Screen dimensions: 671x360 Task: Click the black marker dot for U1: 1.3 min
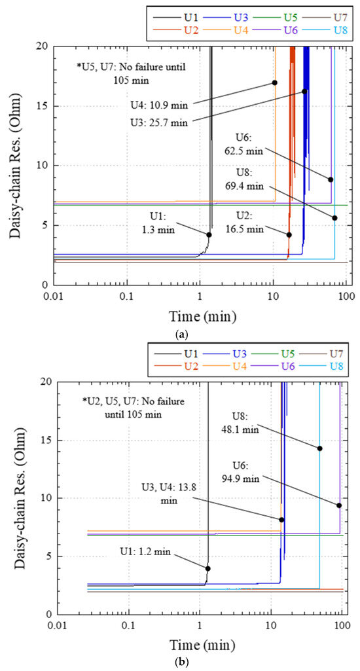(209, 234)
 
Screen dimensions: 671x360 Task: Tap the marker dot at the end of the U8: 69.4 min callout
(334, 218)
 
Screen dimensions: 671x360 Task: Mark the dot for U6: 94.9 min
(339, 505)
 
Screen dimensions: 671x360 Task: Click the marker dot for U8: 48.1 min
(319, 448)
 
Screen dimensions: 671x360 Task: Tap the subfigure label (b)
(181, 662)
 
